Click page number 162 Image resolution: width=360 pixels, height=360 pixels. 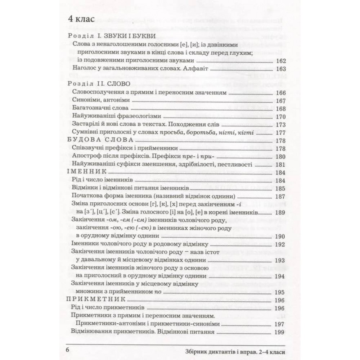[x=280, y=60]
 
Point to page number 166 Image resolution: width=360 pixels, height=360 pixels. [x=280, y=93]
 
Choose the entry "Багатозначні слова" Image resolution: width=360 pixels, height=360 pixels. [x=100, y=109]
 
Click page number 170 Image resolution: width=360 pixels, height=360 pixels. [x=280, y=117]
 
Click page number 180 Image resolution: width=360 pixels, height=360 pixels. [x=280, y=157]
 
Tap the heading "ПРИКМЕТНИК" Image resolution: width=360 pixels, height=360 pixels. [x=96, y=300]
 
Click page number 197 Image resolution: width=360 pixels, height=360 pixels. [x=280, y=324]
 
